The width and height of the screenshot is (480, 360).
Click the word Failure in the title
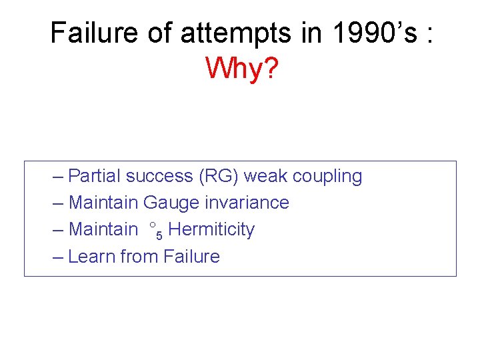coord(94,33)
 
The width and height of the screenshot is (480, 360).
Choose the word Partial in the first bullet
coord(95,176)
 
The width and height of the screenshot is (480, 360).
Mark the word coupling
coord(327,177)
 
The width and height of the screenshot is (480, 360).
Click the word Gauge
coord(167,203)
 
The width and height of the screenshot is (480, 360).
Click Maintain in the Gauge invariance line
coord(103,203)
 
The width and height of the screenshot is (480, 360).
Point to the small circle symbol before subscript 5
coord(153,225)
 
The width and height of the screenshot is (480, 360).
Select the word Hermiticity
coord(211,230)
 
